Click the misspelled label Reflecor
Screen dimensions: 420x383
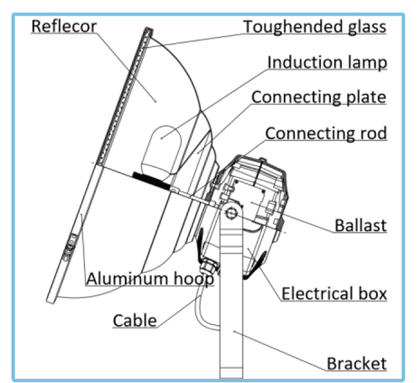[64, 26]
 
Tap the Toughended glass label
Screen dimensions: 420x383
[315, 28]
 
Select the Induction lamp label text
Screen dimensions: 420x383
[327, 63]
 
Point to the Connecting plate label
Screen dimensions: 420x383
[318, 97]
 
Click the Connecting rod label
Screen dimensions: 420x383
[326, 134]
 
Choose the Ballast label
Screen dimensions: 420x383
[360, 225]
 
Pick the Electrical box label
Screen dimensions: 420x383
[334, 294]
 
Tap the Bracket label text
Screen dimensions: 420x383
[357, 364]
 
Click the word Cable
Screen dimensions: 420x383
[134, 321]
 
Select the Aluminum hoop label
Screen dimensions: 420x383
[150, 279]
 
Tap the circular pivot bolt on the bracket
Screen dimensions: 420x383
[231, 213]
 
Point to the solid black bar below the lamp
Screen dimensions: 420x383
[151, 181]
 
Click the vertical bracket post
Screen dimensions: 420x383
[231, 294]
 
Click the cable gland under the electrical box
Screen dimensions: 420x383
[208, 266]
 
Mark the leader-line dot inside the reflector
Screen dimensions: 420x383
[156, 102]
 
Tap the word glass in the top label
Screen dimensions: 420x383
[367, 28]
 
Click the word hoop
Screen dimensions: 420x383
[194, 280]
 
